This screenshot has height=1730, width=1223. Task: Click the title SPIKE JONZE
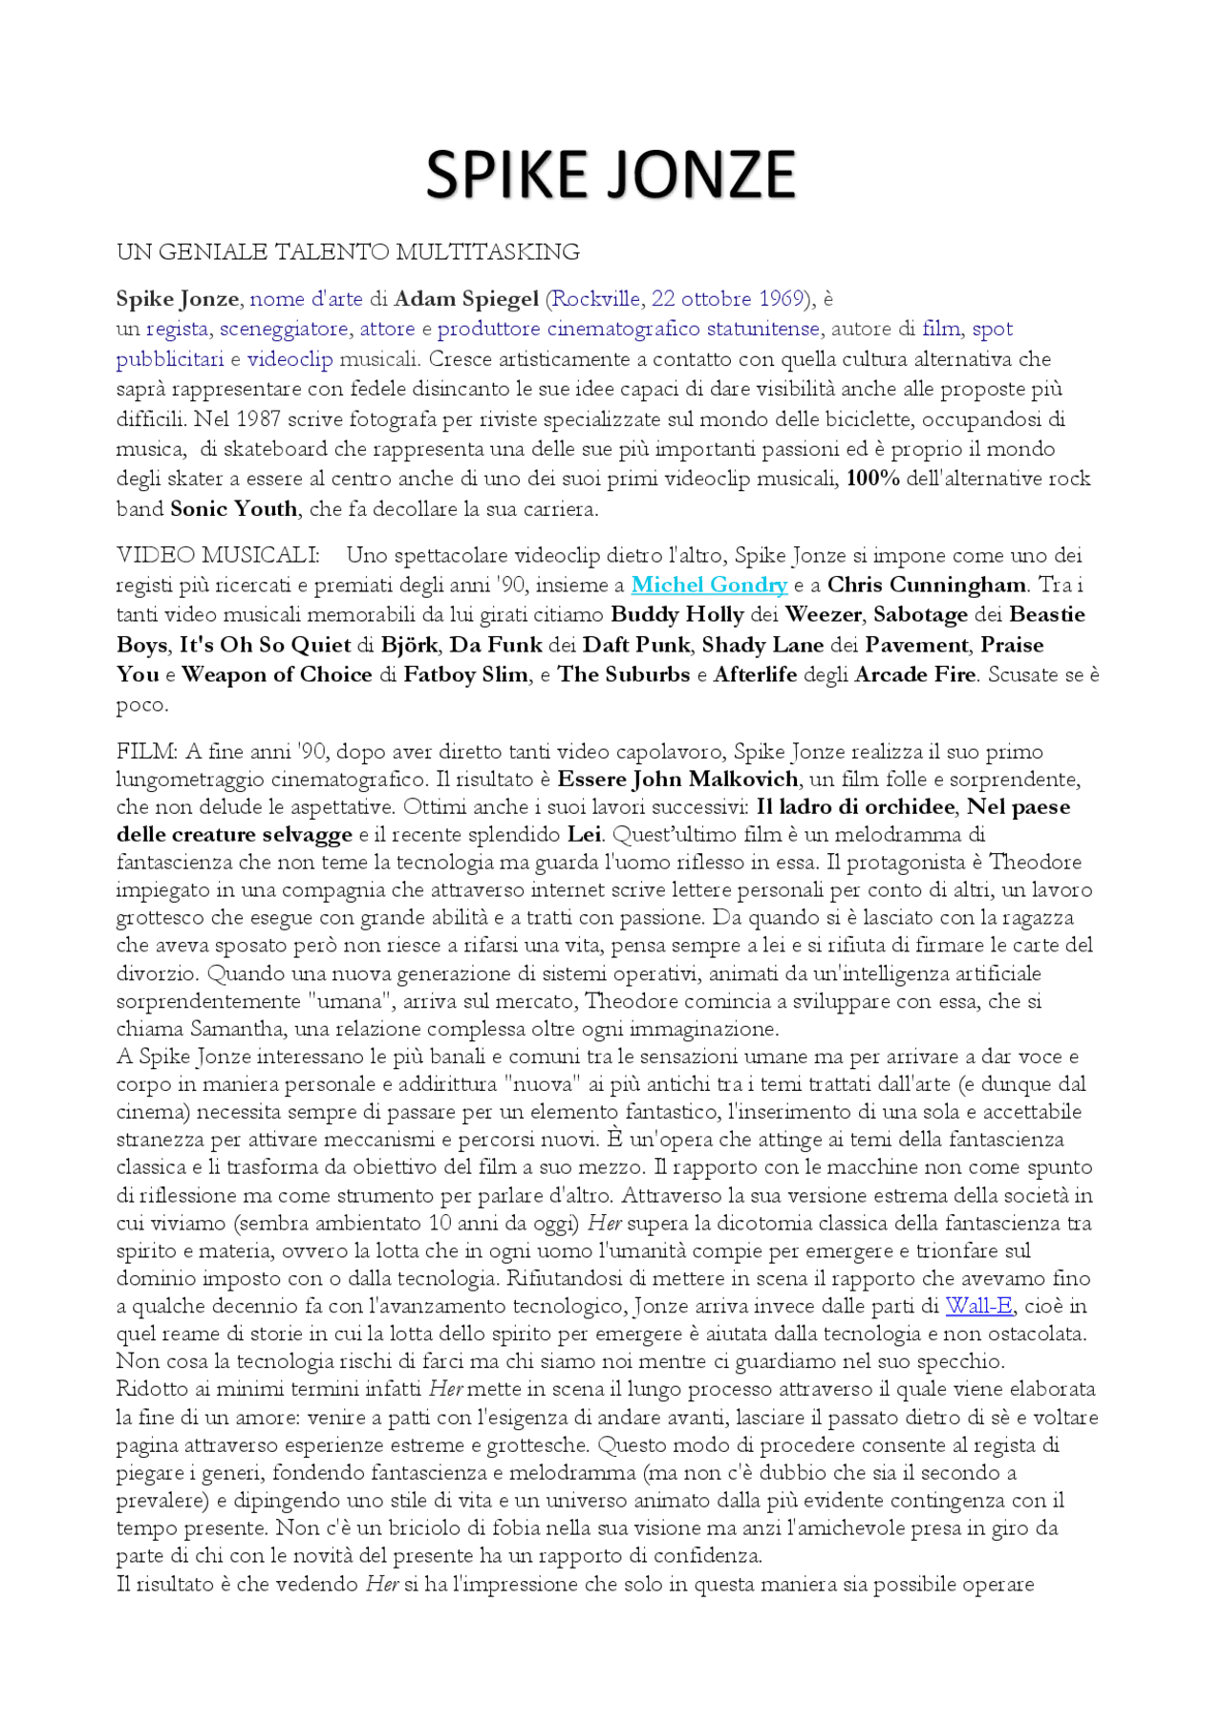(611, 175)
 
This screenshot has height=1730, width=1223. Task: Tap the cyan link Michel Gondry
(709, 585)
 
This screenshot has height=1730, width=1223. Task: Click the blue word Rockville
(596, 299)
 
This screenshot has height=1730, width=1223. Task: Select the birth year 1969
(781, 299)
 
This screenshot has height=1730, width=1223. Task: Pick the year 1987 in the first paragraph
(258, 419)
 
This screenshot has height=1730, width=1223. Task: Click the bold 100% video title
(872, 479)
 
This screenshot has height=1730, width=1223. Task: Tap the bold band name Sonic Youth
(234, 509)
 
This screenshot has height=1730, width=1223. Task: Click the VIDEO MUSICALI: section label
(218, 555)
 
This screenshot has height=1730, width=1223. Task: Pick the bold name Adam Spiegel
(466, 299)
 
